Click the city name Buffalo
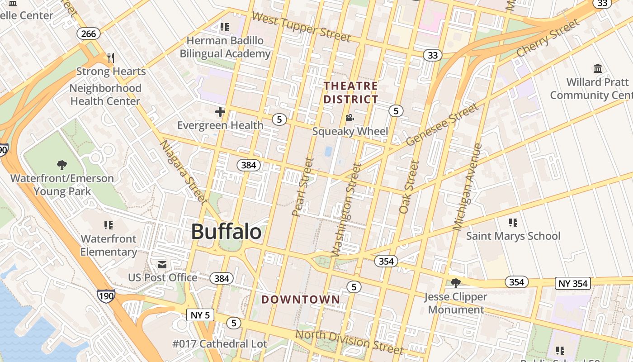point(226,232)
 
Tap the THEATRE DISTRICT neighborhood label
point(351,92)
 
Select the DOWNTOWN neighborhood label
point(301,299)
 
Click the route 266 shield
point(89,33)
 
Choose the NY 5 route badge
point(200,315)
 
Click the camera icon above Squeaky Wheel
point(350,118)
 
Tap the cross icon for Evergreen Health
point(220,112)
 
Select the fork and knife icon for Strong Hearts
point(111,58)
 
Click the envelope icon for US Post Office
point(162,264)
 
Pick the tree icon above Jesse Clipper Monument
point(455,283)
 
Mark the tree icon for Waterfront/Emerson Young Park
point(62,165)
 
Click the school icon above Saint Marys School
point(513,222)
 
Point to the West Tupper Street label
point(301,27)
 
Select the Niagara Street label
point(184,171)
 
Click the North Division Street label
point(349,342)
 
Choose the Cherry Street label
point(548,38)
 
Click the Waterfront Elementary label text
point(109,245)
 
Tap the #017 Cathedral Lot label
point(220,344)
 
